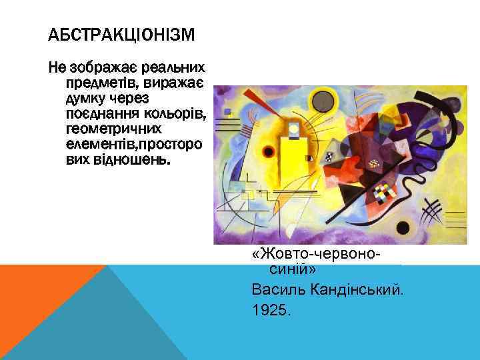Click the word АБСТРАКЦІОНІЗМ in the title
pyautogui.click(x=121, y=35)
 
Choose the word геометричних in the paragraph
pyautogui.click(x=110, y=128)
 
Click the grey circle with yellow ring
pyautogui.click(x=323, y=101)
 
